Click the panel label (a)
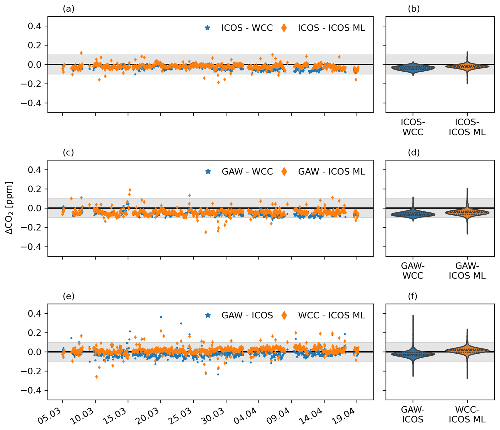68,9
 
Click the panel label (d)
414,152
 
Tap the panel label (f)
413,296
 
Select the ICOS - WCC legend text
247,28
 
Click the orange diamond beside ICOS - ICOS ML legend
284,28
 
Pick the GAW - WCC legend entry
247,172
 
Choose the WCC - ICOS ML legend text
331,315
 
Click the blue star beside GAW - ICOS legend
208,315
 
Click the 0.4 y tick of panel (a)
34,26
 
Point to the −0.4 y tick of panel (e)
31,390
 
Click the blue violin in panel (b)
413,68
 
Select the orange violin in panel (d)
467,212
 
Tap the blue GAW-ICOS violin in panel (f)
413,354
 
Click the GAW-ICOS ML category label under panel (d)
467,271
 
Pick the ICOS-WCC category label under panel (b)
413,127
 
